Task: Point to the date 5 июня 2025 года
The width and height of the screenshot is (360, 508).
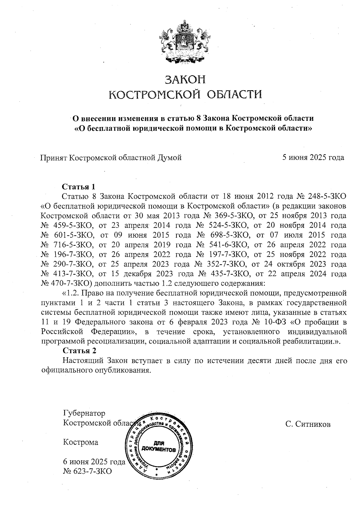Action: tap(313, 157)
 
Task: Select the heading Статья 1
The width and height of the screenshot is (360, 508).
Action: tap(78, 187)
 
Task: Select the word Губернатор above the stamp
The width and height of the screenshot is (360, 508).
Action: tap(84, 414)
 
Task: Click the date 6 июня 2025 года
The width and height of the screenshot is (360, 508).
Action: tap(94, 462)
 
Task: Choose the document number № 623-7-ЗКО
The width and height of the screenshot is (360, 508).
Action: tap(87, 471)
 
